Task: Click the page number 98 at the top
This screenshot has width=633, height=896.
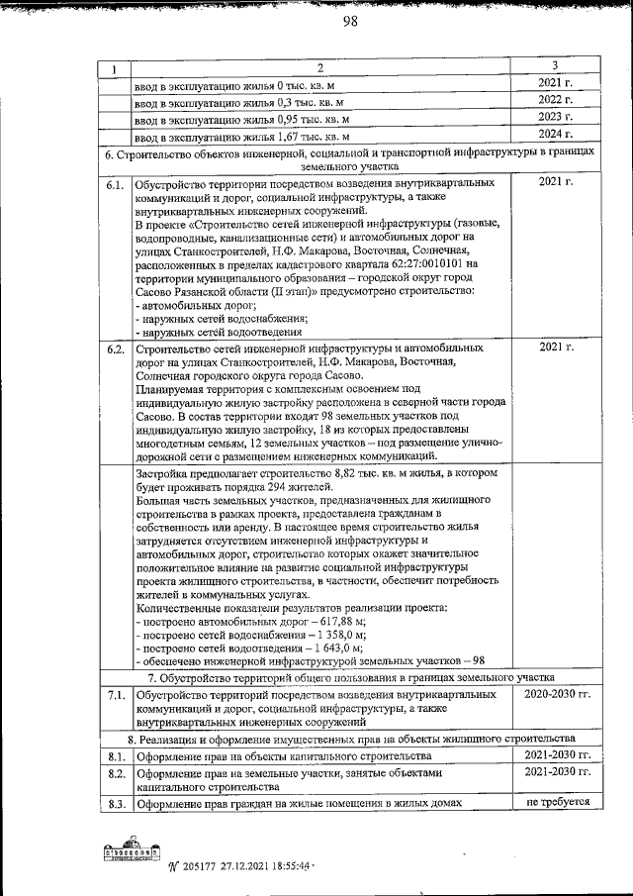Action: click(349, 26)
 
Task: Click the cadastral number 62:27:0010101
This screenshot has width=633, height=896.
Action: click(415, 264)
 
